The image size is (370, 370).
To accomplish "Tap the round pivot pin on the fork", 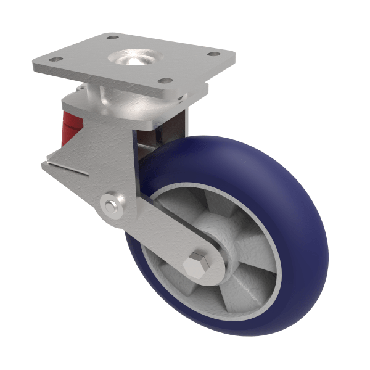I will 111,206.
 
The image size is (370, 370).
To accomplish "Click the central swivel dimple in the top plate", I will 132,59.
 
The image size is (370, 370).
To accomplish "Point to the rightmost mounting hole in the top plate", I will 213,54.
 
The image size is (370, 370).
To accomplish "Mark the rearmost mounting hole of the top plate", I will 112,37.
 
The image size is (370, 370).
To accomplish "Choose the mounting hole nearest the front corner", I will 164,81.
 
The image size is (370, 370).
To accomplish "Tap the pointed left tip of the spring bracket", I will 43,163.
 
